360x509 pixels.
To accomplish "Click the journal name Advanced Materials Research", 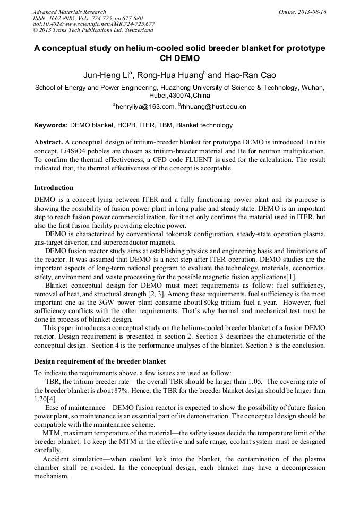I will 69,12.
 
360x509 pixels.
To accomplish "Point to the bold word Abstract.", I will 48,143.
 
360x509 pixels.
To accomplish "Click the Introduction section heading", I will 54,187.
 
